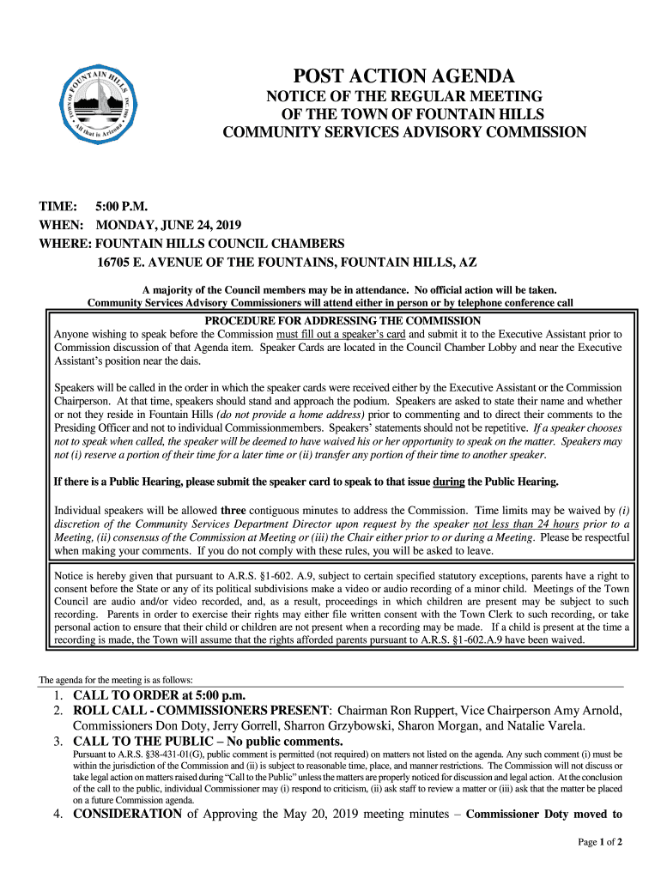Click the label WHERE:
(x=65, y=243)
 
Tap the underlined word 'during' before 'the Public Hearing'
(x=449, y=481)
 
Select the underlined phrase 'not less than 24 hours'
(x=525, y=524)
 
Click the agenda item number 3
(x=58, y=741)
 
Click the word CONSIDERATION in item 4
(x=127, y=814)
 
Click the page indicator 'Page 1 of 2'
(x=599, y=842)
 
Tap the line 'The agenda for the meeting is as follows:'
(x=110, y=680)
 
